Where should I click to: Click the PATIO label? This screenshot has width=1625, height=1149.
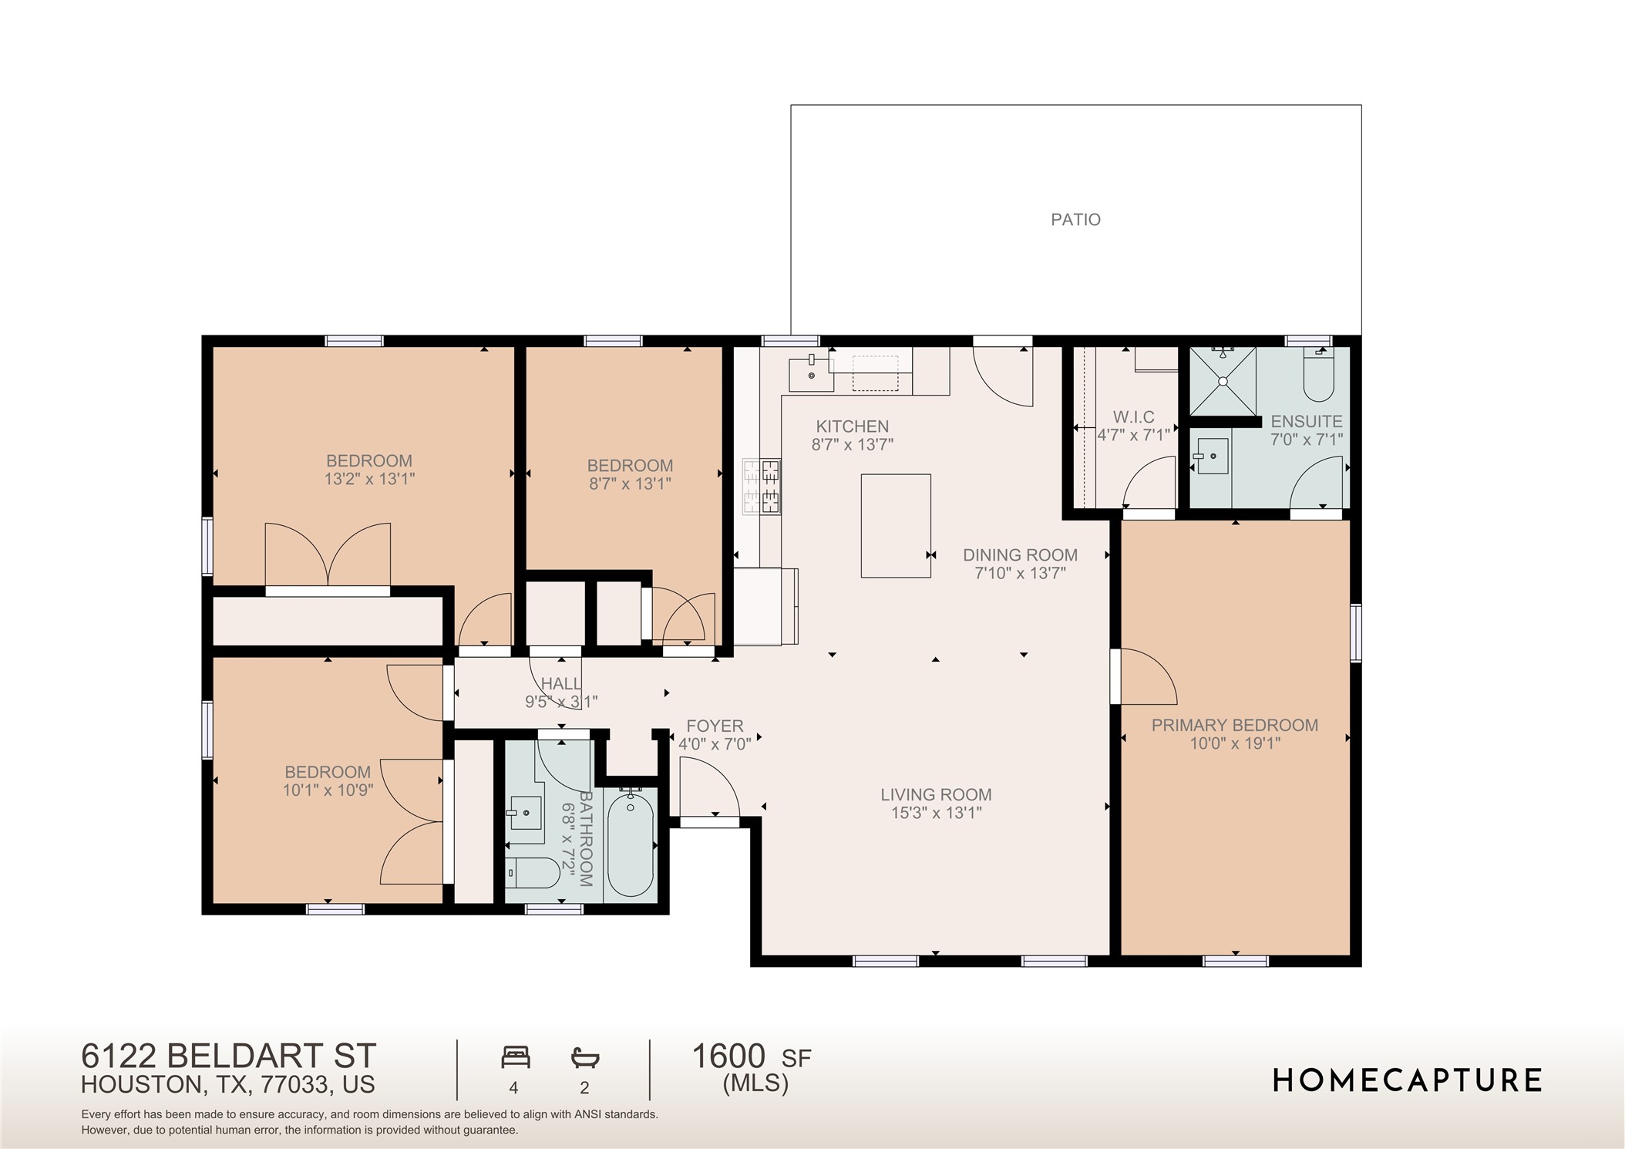(x=1075, y=220)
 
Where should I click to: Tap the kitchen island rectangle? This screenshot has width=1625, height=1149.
(x=895, y=525)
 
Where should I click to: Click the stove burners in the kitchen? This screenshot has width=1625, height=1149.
(x=762, y=487)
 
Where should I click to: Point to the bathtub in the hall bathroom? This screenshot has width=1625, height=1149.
(x=631, y=844)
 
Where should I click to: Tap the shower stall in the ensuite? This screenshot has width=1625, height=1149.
(x=1223, y=381)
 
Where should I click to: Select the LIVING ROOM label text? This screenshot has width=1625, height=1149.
(x=936, y=794)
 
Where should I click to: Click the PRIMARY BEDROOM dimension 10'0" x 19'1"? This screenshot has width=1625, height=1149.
(x=1234, y=743)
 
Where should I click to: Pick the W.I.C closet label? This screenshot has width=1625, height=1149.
(x=1133, y=417)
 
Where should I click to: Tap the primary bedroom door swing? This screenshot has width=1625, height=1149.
(x=1147, y=677)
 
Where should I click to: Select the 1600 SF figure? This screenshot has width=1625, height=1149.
(x=751, y=1056)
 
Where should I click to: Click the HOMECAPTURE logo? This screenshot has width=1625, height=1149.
(x=1407, y=1080)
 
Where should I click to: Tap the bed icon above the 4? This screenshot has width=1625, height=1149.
(x=515, y=1056)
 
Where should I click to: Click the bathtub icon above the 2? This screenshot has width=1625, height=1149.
(x=585, y=1057)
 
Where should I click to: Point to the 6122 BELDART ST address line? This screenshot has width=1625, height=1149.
(x=229, y=1055)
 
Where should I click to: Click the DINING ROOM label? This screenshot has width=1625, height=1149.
(x=1020, y=554)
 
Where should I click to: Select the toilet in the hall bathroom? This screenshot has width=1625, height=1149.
(x=533, y=873)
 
